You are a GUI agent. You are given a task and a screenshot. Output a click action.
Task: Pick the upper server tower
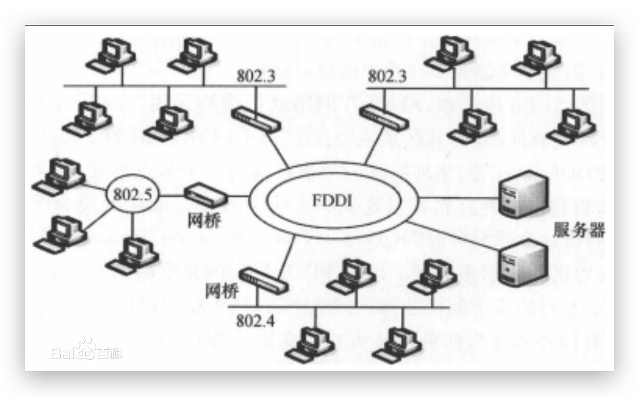click(524, 194)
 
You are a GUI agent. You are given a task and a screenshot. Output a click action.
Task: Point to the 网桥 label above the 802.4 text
click(221, 289)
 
